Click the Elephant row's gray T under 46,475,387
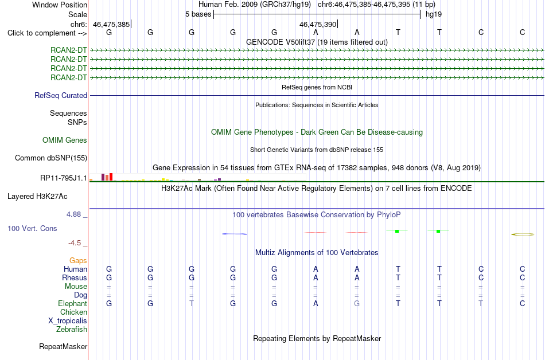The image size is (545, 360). tap(192, 303)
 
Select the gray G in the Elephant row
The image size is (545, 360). tap(357, 303)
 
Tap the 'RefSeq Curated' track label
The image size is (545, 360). tap(61, 96)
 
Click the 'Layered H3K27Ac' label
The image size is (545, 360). tap(37, 197)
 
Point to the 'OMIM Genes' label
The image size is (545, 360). tap(65, 140)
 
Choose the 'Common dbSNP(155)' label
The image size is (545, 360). tap(51, 158)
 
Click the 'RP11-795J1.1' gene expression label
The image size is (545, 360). tap(64, 178)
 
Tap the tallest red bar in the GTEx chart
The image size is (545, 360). tap(111, 177)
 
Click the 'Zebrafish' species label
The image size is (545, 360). tap(72, 329)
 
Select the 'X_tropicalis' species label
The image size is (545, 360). tap(68, 321)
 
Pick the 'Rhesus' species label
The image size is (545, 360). tap(75, 277)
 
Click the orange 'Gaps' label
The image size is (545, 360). tap(78, 260)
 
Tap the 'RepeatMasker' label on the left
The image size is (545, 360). tap(63, 346)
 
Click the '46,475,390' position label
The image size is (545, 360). tap(318, 24)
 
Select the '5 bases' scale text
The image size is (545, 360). tap(198, 14)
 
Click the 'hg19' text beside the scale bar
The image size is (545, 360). tap(434, 14)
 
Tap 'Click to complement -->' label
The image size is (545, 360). tap(47, 33)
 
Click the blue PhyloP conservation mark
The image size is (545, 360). tap(235, 234)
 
